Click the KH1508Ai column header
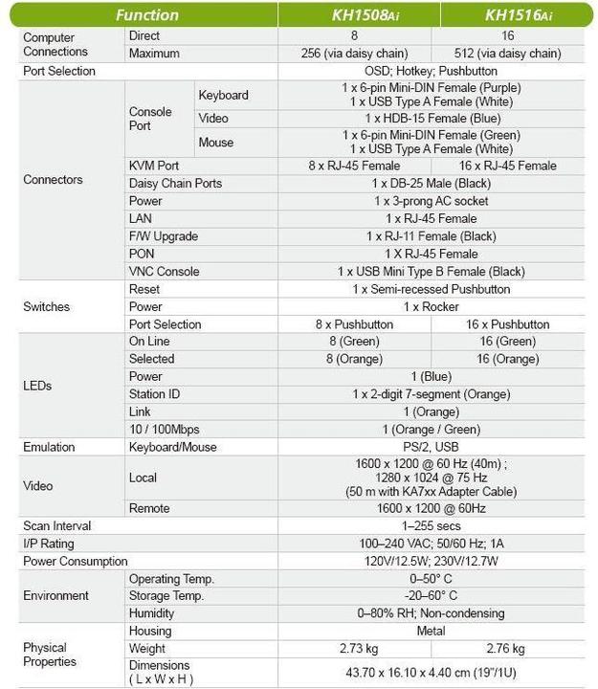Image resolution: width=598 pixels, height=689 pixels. (353, 14)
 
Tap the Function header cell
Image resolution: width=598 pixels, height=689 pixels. (146, 14)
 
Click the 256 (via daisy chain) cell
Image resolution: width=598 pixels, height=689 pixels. (353, 54)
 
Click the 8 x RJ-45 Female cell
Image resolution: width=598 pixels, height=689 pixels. (353, 166)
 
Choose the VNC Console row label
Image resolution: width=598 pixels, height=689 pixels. (164, 272)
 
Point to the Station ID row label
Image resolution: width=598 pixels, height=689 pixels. (155, 394)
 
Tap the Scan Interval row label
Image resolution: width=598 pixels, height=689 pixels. (57, 525)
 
